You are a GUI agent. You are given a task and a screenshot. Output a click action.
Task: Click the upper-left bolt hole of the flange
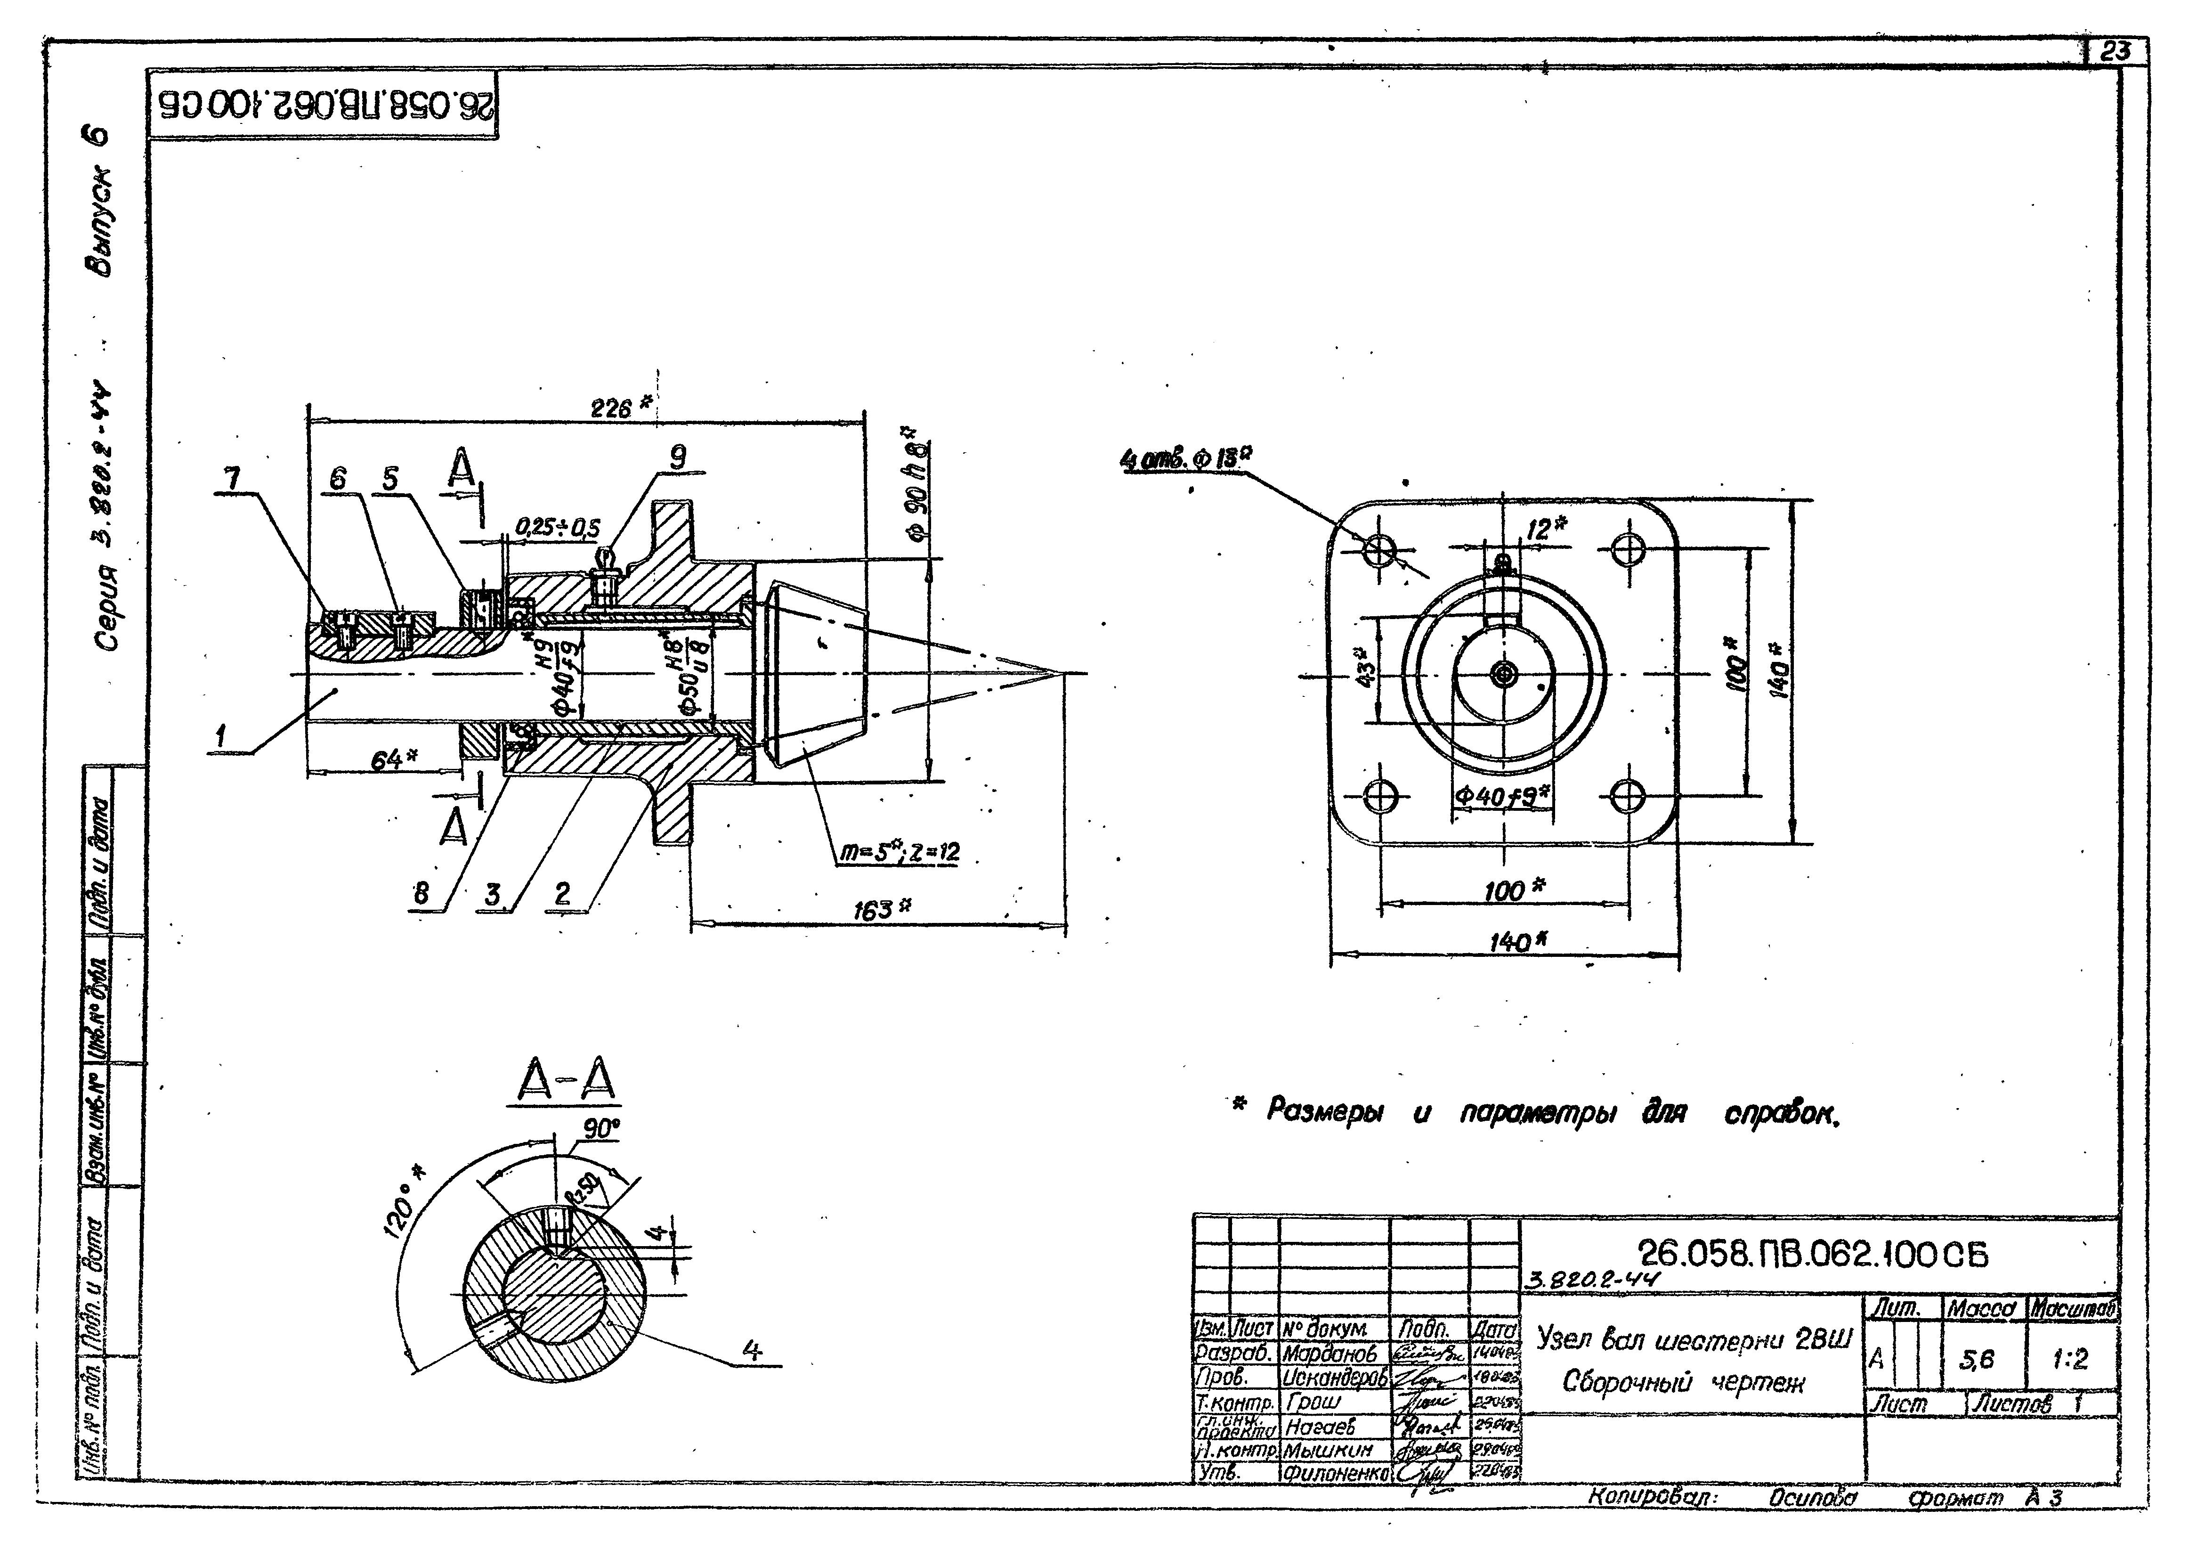[x=1381, y=550]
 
